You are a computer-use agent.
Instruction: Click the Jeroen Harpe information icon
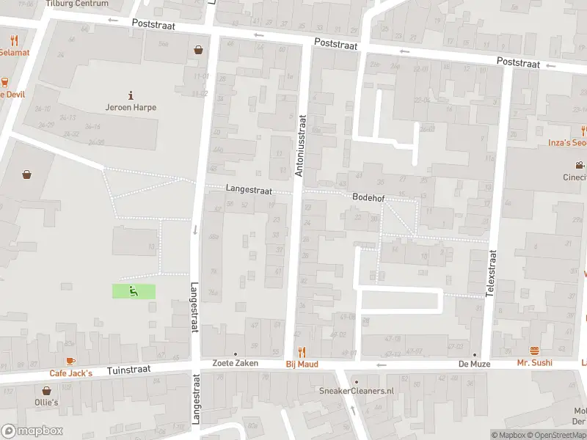(131, 95)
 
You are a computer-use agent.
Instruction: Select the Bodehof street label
(368, 198)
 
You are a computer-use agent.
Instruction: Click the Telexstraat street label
(492, 273)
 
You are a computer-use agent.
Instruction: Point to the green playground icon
(134, 291)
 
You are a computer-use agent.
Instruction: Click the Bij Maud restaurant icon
(301, 353)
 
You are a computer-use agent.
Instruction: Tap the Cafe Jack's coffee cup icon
(70, 362)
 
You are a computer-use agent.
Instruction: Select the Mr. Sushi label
(534, 363)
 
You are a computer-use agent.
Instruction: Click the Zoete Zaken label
(235, 364)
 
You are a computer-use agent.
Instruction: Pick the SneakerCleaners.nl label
(357, 391)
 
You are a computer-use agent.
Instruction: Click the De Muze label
(474, 364)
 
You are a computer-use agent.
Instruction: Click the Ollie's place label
(45, 403)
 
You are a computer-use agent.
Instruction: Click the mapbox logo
(32, 431)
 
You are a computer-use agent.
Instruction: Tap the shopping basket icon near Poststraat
(198, 51)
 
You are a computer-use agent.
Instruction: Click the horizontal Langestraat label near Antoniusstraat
(249, 190)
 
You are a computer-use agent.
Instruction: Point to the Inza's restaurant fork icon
(583, 131)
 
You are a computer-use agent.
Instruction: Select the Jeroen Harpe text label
(131, 107)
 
